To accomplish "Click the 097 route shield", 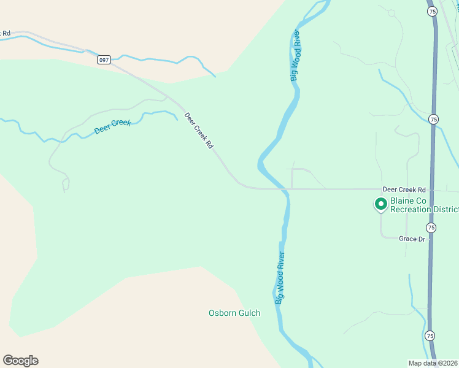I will tap(102, 59).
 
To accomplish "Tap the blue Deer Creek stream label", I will tap(112, 127).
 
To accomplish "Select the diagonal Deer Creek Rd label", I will tap(199, 129).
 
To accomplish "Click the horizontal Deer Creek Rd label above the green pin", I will tap(404, 190).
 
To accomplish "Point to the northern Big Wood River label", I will tap(296, 55).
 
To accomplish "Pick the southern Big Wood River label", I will tap(280, 278).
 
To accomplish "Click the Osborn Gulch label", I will tap(234, 313).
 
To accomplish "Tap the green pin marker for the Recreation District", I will tap(380, 204).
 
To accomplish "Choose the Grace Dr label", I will tap(412, 239).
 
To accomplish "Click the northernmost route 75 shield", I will tap(432, 11).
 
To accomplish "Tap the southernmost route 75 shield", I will tap(430, 335).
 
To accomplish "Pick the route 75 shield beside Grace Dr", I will tap(431, 228).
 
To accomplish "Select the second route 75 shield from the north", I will tap(434, 119).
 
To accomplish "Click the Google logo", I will tap(20, 361).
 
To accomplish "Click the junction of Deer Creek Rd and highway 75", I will tap(433, 190).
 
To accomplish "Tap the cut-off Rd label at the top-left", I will tap(6, 33).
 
